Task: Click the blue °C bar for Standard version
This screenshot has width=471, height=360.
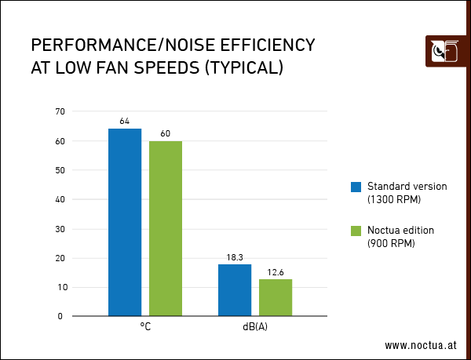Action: [125, 222]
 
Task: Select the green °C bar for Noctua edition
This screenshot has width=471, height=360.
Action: [166, 228]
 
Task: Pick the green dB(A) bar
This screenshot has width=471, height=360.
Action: [276, 297]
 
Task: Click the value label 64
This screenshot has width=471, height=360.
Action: [125, 122]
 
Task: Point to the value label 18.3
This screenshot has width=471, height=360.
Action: [235, 257]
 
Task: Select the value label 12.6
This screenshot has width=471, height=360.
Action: [276, 272]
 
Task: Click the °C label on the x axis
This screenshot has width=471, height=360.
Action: [145, 326]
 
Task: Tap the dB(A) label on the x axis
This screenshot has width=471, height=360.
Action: [255, 326]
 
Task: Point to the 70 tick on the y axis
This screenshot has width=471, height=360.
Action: [60, 112]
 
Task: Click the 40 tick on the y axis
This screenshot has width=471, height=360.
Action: [60, 200]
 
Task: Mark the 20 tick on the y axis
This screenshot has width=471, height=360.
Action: [60, 258]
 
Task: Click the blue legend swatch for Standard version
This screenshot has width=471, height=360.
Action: [356, 187]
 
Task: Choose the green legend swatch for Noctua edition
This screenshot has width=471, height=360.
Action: [356, 231]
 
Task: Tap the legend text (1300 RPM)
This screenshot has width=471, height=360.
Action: [394, 199]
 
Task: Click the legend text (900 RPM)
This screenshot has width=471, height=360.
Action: [392, 243]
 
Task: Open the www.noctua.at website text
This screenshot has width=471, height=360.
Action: [420, 345]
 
